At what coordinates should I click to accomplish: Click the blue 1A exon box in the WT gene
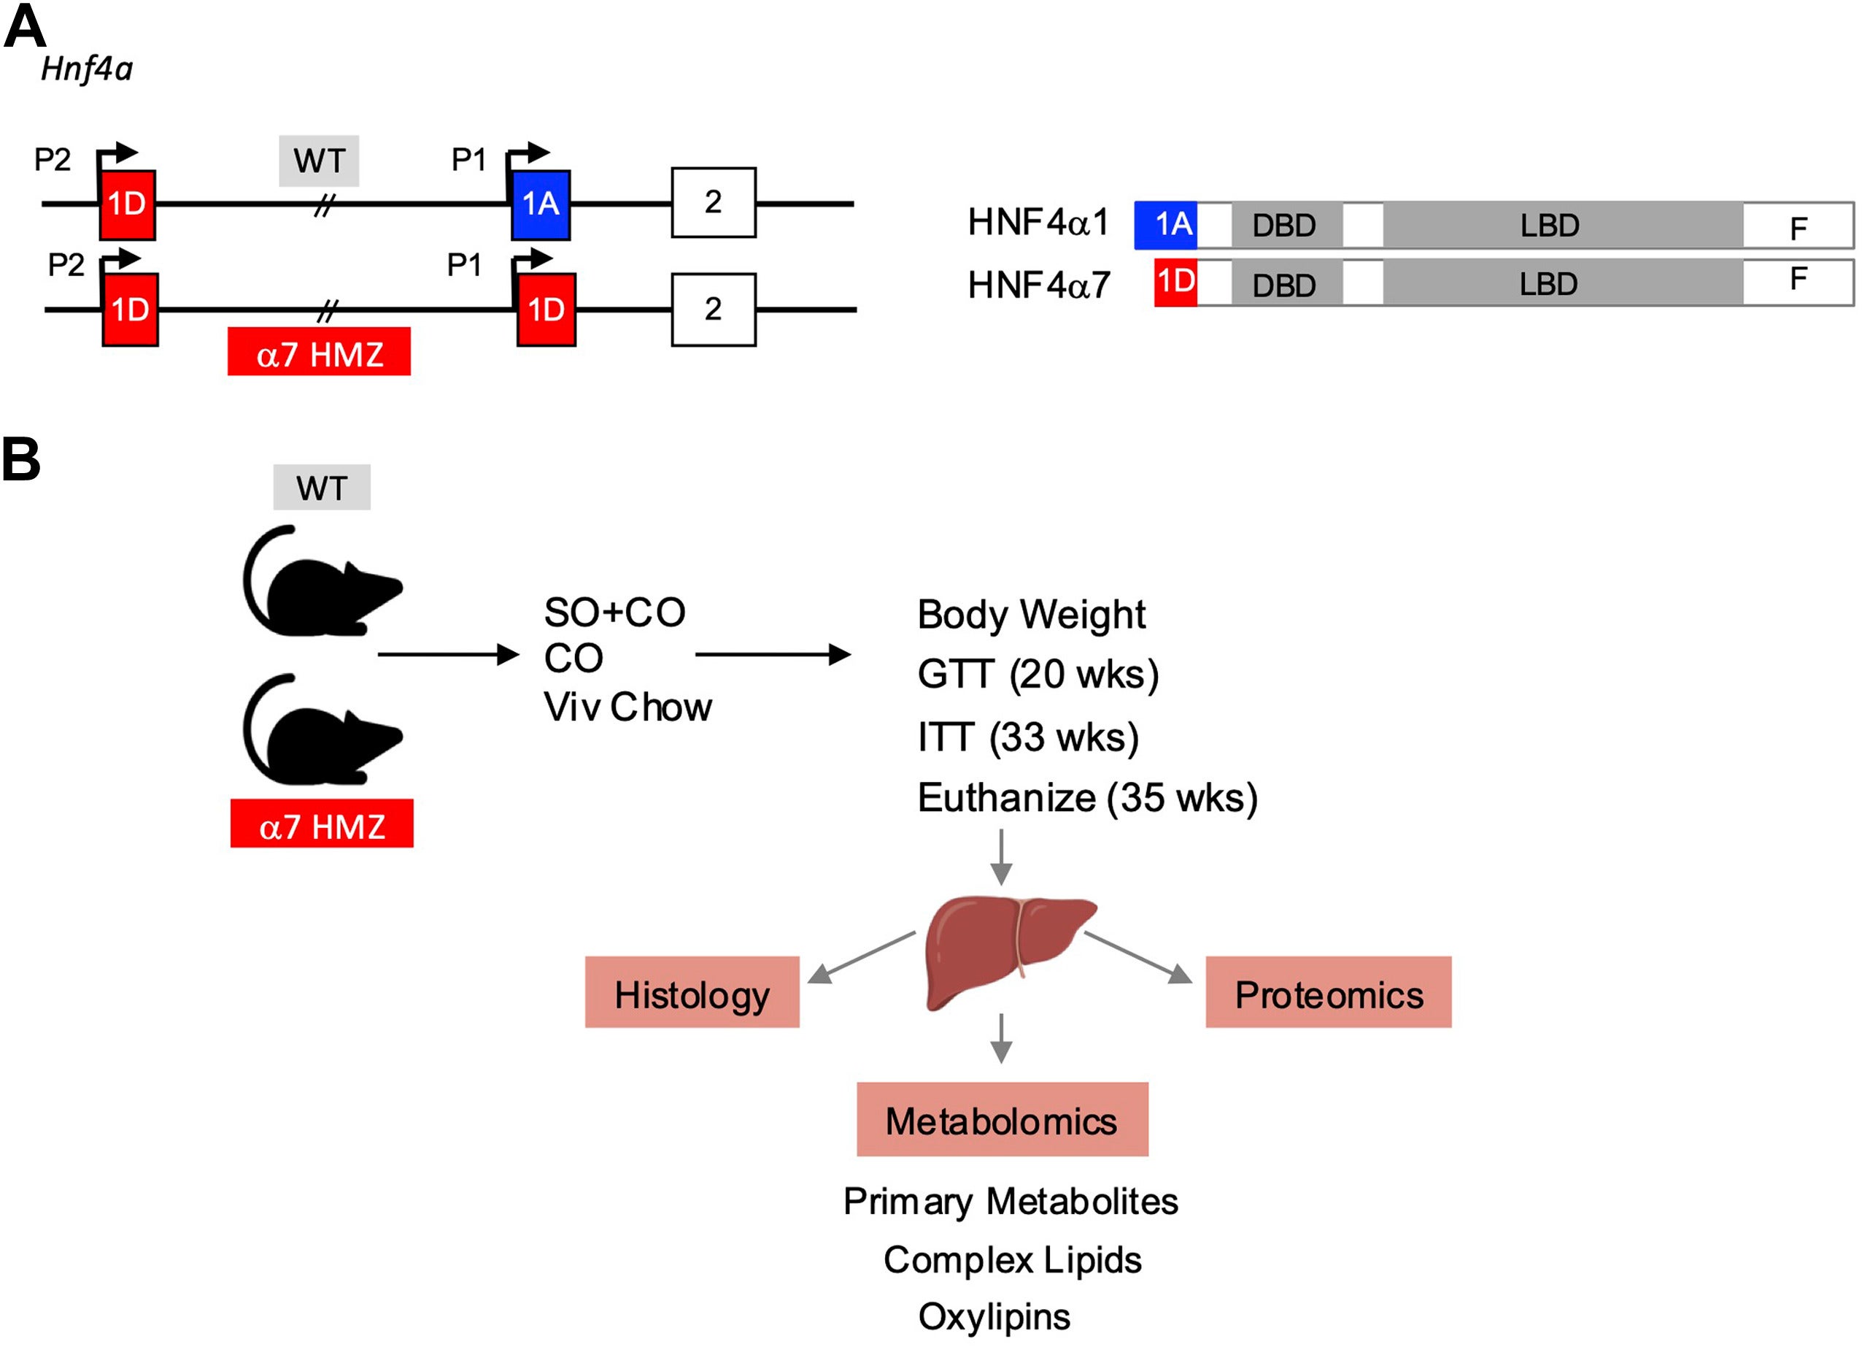point(540,205)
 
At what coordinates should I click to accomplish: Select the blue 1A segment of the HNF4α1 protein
point(1165,225)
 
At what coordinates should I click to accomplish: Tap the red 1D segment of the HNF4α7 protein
point(1175,283)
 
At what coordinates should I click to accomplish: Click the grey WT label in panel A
point(319,161)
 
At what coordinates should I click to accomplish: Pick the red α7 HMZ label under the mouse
point(322,824)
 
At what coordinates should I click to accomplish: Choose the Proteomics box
point(1327,992)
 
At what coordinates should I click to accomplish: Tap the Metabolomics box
point(1002,1119)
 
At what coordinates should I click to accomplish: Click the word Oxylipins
point(994,1316)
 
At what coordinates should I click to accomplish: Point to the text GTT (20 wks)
point(1037,675)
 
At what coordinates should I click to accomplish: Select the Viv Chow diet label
point(627,707)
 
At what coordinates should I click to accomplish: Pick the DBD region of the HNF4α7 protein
point(1285,284)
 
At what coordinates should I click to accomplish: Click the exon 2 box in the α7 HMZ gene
point(713,310)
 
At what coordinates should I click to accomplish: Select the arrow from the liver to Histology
point(861,958)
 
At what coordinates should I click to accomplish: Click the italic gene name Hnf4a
point(87,69)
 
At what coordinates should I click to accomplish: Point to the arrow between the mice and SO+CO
point(447,655)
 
